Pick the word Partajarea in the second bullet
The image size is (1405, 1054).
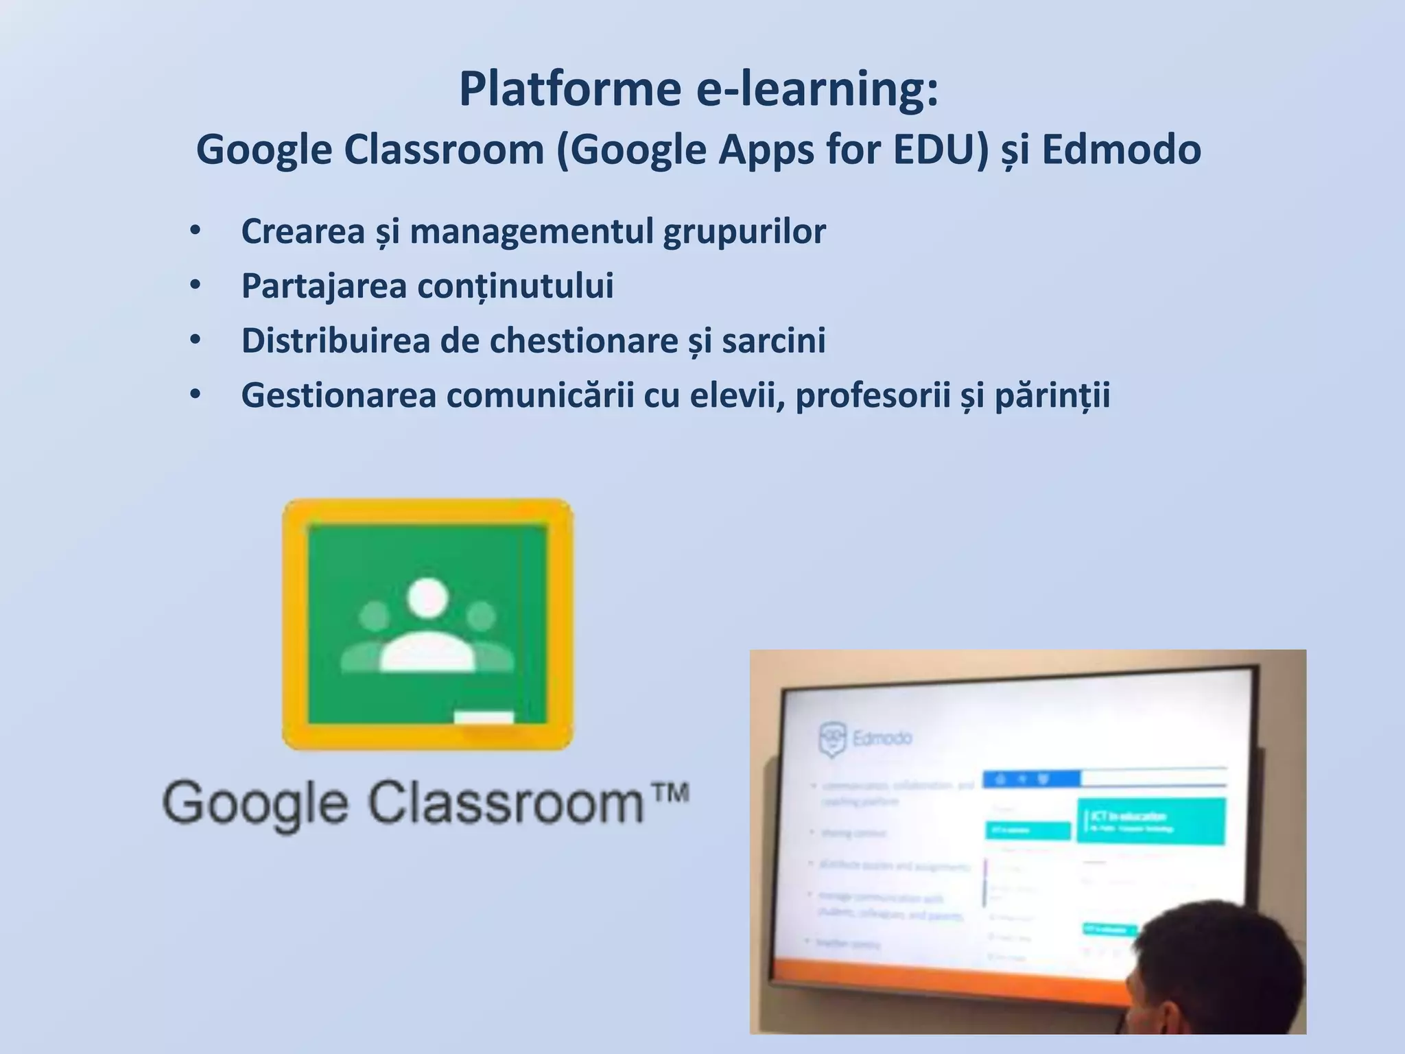pyautogui.click(x=324, y=286)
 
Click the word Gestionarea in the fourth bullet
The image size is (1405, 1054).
pyautogui.click(x=339, y=395)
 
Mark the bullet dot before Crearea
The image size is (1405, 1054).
pyautogui.click(x=196, y=231)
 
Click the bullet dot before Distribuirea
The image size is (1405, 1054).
pyautogui.click(x=196, y=340)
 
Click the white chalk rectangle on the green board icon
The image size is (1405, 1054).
pyautogui.click(x=484, y=718)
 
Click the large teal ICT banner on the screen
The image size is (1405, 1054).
pyautogui.click(x=1150, y=821)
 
